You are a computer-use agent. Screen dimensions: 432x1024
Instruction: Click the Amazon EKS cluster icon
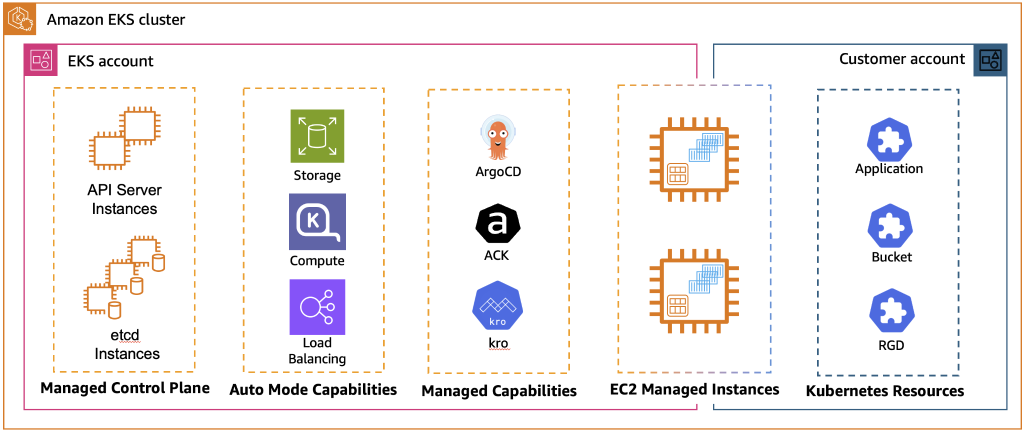click(x=20, y=19)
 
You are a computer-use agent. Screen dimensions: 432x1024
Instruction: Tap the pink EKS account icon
click(x=41, y=60)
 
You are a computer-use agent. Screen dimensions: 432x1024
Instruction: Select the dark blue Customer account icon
click(x=990, y=60)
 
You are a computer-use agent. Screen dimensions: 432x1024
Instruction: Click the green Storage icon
click(x=317, y=136)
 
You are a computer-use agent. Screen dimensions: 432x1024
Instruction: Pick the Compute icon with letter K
click(x=317, y=221)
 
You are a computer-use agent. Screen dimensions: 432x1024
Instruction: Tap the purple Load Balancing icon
click(x=317, y=306)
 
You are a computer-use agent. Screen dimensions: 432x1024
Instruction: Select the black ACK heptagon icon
click(x=497, y=223)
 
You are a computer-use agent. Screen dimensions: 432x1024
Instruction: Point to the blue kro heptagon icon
click(x=497, y=305)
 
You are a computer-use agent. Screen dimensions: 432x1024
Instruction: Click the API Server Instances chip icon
click(x=124, y=138)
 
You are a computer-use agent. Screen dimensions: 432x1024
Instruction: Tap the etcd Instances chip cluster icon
click(x=124, y=277)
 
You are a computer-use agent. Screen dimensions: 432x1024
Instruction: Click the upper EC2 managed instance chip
click(x=694, y=159)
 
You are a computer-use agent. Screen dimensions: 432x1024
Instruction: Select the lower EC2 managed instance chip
click(x=694, y=291)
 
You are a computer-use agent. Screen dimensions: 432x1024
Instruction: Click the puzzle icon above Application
click(x=889, y=140)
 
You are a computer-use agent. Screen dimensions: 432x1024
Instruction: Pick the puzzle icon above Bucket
click(x=890, y=226)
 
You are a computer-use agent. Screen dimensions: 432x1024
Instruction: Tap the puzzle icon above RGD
click(x=891, y=311)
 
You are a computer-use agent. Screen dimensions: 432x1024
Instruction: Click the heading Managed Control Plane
click(x=125, y=388)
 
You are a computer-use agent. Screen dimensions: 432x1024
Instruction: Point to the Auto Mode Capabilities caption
click(x=313, y=389)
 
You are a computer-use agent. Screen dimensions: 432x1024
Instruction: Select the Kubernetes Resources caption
click(x=884, y=391)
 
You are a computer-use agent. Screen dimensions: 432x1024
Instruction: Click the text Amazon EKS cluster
click(x=115, y=19)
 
